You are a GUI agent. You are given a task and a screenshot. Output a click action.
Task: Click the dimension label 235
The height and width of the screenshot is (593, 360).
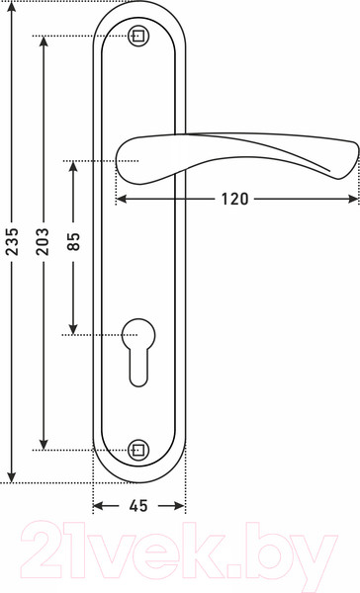[13, 241]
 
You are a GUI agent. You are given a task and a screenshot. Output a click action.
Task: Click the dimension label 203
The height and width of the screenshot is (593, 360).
[44, 241]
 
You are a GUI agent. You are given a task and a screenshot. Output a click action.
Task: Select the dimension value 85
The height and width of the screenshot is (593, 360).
[73, 241]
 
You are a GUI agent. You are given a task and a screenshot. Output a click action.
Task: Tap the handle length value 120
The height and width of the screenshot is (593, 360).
[234, 199]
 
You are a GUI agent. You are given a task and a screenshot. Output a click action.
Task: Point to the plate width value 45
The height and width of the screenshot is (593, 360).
[138, 506]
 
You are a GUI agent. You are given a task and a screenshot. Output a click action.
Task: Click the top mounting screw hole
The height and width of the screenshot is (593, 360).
[138, 37]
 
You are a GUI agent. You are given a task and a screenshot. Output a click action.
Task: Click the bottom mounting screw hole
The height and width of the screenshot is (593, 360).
[138, 450]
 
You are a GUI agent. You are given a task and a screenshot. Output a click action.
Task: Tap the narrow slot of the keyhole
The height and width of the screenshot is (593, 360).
[138, 368]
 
